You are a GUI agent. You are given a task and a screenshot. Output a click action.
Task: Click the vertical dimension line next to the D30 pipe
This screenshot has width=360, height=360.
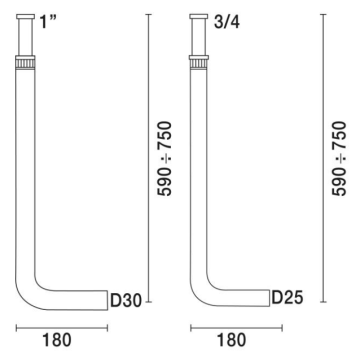pyautogui.click(x=147, y=160)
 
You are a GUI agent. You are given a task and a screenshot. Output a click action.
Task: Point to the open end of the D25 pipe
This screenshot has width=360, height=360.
pyautogui.click(x=268, y=298)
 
